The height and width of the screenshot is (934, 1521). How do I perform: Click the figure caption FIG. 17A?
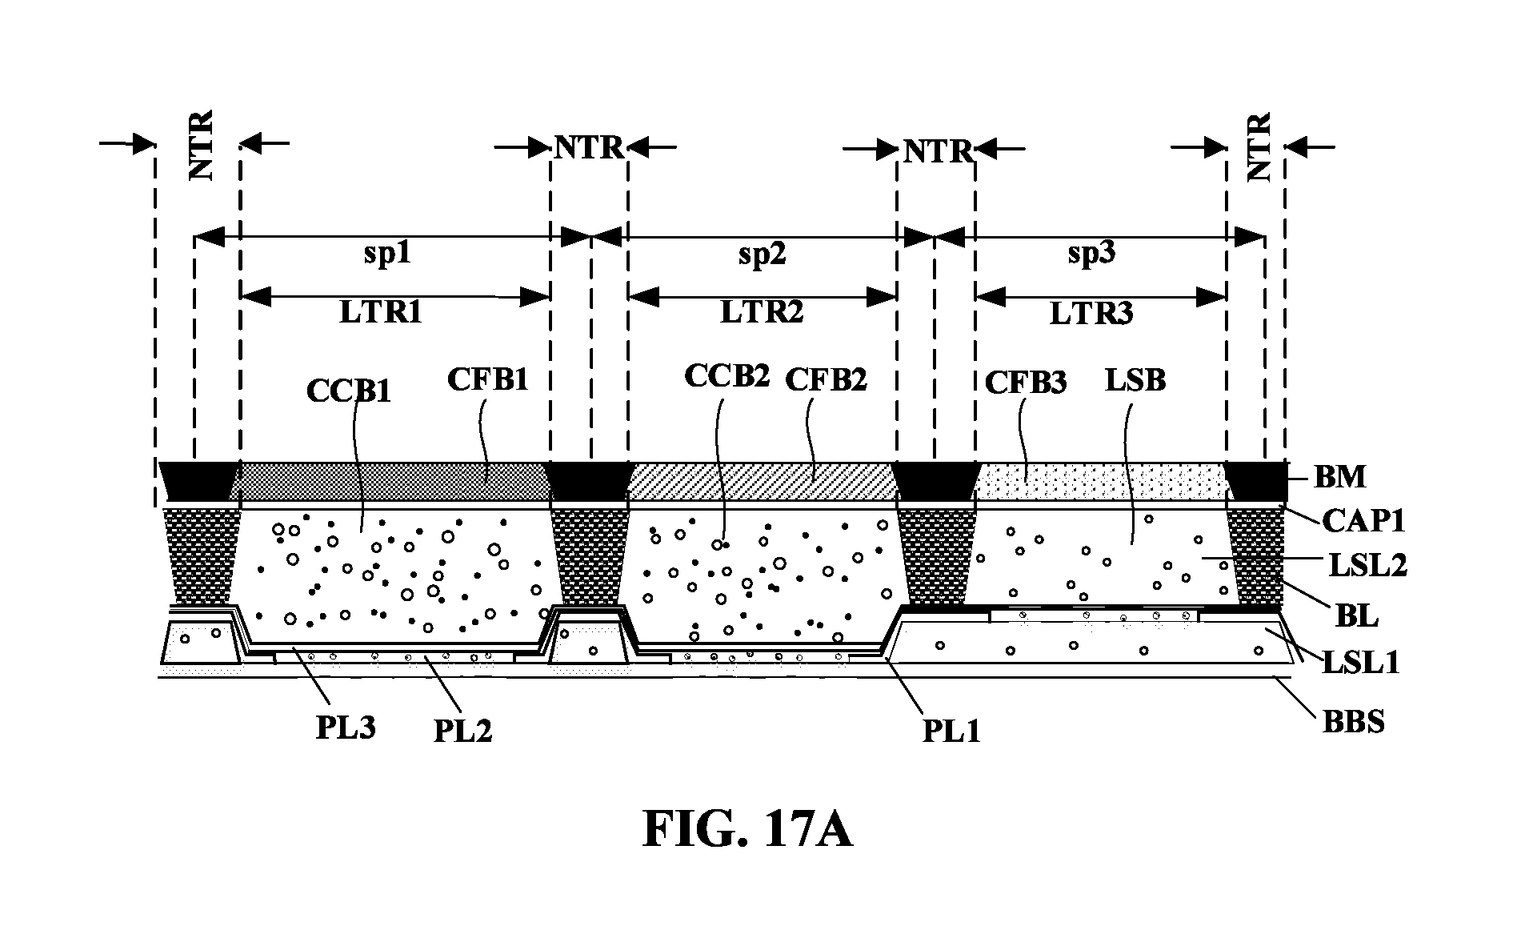tap(747, 830)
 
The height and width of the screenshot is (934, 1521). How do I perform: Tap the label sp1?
tap(388, 255)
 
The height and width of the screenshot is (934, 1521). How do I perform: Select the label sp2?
tap(763, 255)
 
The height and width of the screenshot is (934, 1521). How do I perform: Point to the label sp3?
tap(1091, 255)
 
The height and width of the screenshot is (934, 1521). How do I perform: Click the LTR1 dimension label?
tap(380, 312)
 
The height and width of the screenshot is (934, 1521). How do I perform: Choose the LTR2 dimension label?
tap(762, 312)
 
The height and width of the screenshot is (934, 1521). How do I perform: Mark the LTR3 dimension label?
tap(1091, 313)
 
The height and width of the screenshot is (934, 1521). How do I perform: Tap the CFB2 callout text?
tap(827, 379)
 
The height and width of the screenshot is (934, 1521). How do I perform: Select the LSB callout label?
tap(1135, 380)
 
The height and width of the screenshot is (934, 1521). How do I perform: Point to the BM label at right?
tap(1340, 477)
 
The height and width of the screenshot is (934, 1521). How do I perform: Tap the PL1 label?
tap(951, 731)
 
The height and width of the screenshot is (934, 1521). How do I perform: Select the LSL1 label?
tap(1360, 663)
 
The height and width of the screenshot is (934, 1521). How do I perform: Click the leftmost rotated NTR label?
tap(201, 145)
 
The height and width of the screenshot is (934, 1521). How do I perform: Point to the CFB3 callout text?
tap(1026, 383)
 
